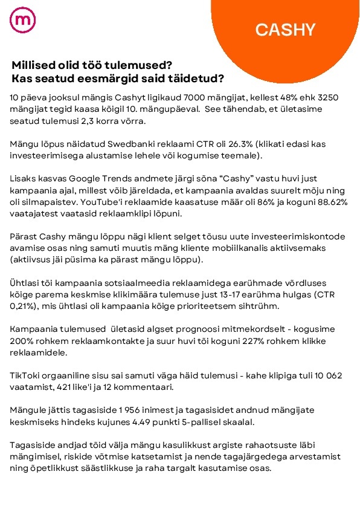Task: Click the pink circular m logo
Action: pos(23,20)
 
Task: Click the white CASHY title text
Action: pos(285,30)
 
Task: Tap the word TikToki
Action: pos(26,376)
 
